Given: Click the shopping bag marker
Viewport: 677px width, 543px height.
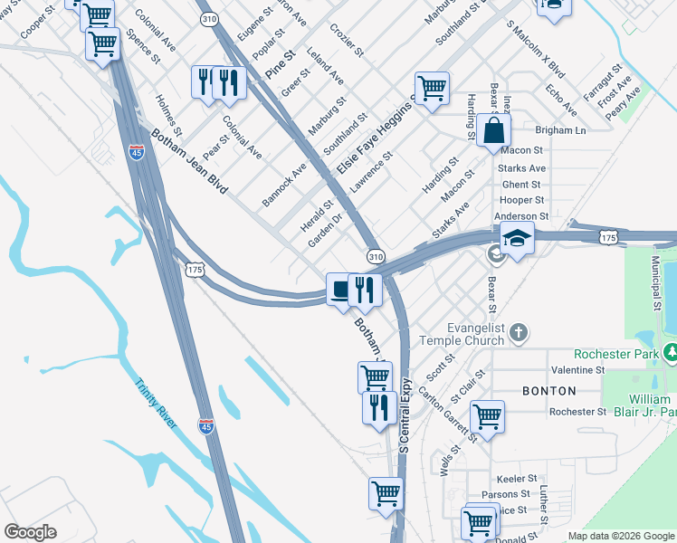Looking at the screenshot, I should [x=495, y=130].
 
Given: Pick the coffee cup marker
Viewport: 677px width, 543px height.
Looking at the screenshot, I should [x=339, y=289].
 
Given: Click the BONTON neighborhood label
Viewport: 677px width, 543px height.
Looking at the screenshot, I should [x=548, y=391].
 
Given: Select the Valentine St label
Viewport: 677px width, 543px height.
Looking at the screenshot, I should [x=577, y=370].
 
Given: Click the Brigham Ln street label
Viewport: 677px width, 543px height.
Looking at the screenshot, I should [x=561, y=130].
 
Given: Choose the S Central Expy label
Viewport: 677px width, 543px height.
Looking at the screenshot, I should [x=405, y=415].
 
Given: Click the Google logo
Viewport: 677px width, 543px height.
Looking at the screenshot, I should [x=30, y=532].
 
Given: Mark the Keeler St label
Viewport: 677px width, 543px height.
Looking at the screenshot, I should [x=517, y=478].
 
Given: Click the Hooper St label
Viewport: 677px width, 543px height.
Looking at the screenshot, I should [x=522, y=200].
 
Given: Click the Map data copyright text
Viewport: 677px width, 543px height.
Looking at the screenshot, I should [x=621, y=536].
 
